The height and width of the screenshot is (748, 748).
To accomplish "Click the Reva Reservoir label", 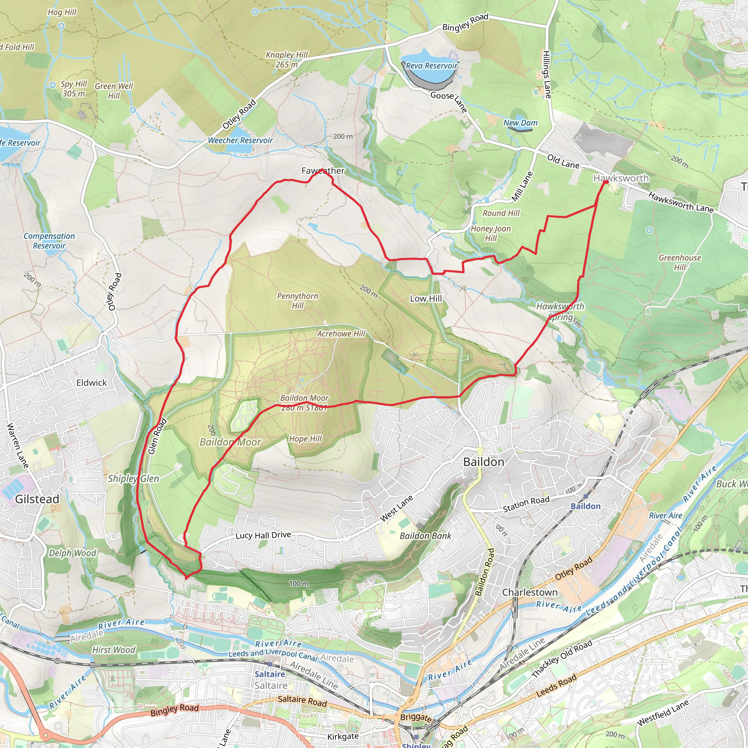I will (x=432, y=66).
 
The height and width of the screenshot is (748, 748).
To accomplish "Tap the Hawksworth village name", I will (x=621, y=179).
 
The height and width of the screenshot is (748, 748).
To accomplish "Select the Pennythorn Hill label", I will (x=297, y=301).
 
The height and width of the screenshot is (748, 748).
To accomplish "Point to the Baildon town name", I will (x=484, y=462).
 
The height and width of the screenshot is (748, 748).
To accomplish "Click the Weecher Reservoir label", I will (x=240, y=141).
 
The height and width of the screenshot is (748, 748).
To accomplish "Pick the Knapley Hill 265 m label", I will (x=286, y=60).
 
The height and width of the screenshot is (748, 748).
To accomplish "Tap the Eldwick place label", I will (x=91, y=383).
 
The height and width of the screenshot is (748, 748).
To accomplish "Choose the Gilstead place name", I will (x=37, y=499).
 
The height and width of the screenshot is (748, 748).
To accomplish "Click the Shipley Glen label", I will (x=133, y=478).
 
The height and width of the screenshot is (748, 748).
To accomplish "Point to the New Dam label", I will (x=520, y=123).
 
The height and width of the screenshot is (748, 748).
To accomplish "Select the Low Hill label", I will (x=426, y=298).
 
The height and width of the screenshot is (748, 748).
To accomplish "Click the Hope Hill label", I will (x=305, y=439).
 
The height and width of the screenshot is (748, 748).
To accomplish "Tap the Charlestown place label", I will (x=530, y=593).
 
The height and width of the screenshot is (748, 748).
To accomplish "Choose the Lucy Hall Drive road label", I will (x=263, y=535).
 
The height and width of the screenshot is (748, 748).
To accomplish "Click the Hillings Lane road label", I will (x=547, y=75).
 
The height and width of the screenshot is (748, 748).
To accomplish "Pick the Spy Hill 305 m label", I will (x=73, y=89).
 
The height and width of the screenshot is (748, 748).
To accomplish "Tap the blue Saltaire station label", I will (x=270, y=674).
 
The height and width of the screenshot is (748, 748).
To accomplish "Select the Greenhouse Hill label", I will (x=680, y=263).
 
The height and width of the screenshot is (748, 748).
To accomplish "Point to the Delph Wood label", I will (x=72, y=553).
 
